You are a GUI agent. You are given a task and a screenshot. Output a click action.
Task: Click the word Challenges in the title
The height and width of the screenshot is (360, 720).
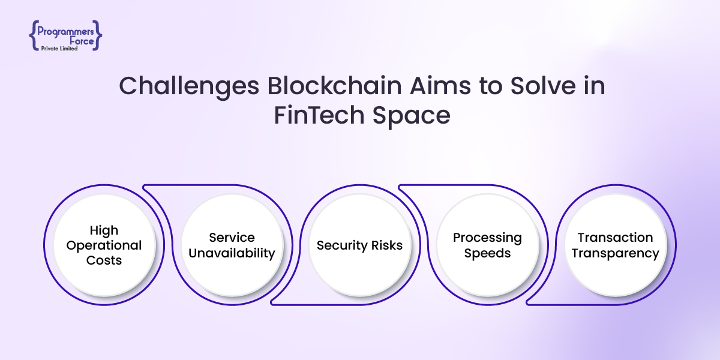pyautogui.click(x=189, y=86)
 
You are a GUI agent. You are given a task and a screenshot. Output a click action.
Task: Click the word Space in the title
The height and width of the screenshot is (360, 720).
pyautogui.click(x=412, y=116)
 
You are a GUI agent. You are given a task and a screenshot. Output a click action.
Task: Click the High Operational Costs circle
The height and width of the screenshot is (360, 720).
pyautogui.click(x=104, y=245)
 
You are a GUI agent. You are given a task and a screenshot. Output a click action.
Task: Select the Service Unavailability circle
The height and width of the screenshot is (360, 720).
pyautogui.click(x=232, y=245)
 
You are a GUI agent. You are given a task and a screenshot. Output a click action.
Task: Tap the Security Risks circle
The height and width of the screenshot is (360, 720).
pyautogui.click(x=359, y=245)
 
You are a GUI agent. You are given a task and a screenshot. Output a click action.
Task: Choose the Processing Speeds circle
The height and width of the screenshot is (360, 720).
pyautogui.click(x=488, y=245)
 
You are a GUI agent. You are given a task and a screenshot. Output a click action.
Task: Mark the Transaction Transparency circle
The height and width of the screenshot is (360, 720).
pyautogui.click(x=616, y=245)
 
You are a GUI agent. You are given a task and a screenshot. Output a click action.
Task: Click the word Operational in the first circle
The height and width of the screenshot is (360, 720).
pyautogui.click(x=104, y=246)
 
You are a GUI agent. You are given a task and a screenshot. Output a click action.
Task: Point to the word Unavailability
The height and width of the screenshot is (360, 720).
pyautogui.click(x=232, y=254)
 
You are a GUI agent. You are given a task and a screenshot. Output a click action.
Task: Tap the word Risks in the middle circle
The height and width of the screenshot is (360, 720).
pyautogui.click(x=386, y=245)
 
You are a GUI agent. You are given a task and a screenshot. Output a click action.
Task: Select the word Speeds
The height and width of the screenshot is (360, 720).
pyautogui.click(x=487, y=254)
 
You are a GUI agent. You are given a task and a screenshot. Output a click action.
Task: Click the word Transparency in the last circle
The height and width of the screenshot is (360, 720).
pyautogui.click(x=615, y=254)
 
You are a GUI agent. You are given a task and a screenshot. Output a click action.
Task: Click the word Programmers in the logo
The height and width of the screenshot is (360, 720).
pyautogui.click(x=65, y=32)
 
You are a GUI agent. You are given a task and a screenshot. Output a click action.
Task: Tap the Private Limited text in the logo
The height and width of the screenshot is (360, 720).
pyautogui.click(x=59, y=49)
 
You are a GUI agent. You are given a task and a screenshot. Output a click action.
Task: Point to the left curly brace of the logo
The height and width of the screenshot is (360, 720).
pyautogui.click(x=34, y=35)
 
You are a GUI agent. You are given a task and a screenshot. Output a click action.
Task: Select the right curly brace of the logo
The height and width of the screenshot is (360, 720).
pyautogui.click(x=97, y=35)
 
